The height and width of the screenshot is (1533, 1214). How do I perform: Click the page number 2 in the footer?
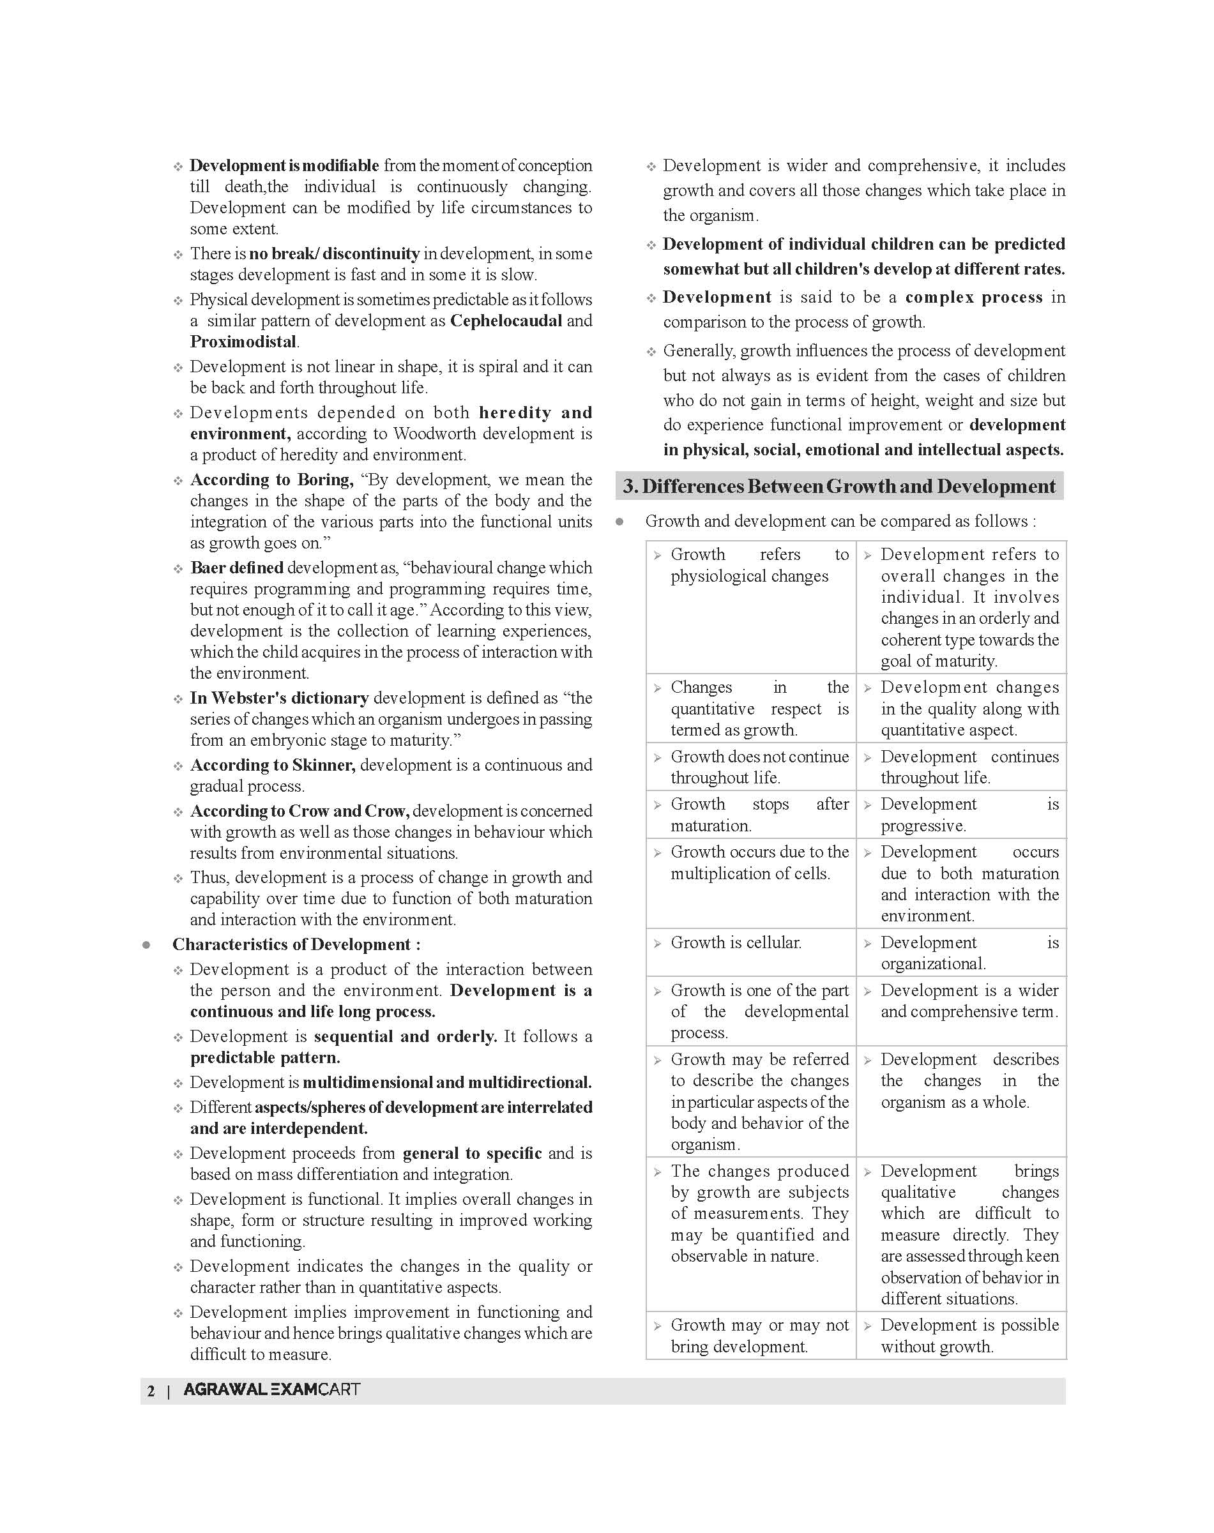click(x=151, y=1391)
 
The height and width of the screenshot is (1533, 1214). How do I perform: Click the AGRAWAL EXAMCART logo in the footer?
click(x=271, y=1389)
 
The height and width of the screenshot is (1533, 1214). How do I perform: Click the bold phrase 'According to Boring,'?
click(x=271, y=480)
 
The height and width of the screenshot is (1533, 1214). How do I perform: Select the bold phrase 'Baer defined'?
click(x=237, y=568)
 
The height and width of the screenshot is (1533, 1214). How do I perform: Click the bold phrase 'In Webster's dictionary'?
click(x=279, y=698)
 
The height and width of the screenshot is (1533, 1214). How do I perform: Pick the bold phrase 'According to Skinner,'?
click(x=273, y=765)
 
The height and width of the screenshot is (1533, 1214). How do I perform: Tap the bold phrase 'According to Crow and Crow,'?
click(x=300, y=811)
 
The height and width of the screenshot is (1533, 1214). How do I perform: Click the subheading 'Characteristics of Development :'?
click(x=296, y=944)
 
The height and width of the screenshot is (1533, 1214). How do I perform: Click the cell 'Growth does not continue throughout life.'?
click(x=751, y=767)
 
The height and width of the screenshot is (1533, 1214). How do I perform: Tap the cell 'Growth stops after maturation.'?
click(x=751, y=815)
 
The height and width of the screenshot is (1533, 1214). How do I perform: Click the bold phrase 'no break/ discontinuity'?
click(x=334, y=253)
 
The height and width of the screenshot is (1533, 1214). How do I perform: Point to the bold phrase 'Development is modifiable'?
click(x=284, y=165)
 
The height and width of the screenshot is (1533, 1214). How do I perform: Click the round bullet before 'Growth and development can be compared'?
click(x=620, y=522)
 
